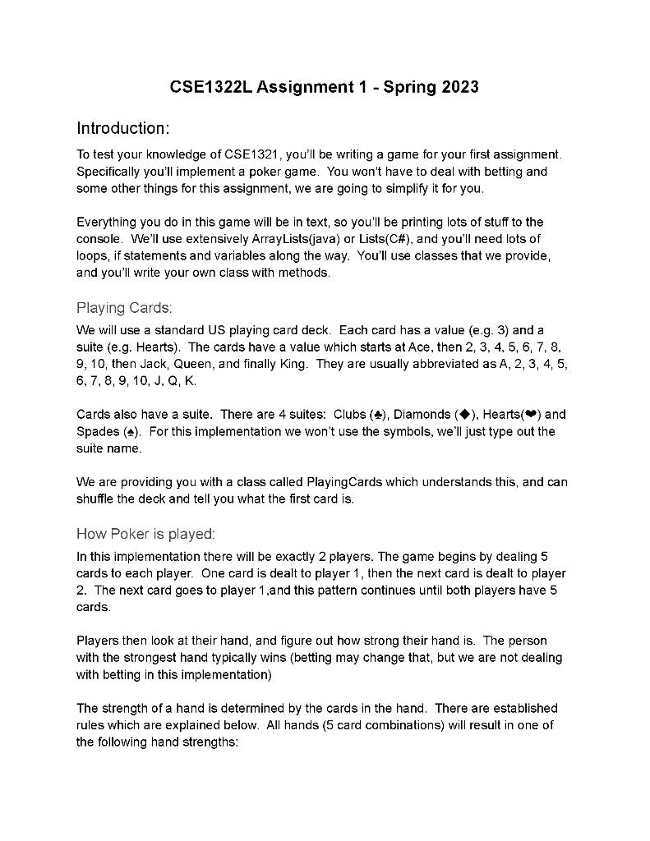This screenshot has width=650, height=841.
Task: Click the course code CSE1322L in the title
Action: coord(211,87)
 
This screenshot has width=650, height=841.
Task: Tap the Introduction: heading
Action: coord(123,128)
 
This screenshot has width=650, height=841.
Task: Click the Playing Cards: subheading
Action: coord(124,308)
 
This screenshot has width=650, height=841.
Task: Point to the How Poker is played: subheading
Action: coord(145,534)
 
